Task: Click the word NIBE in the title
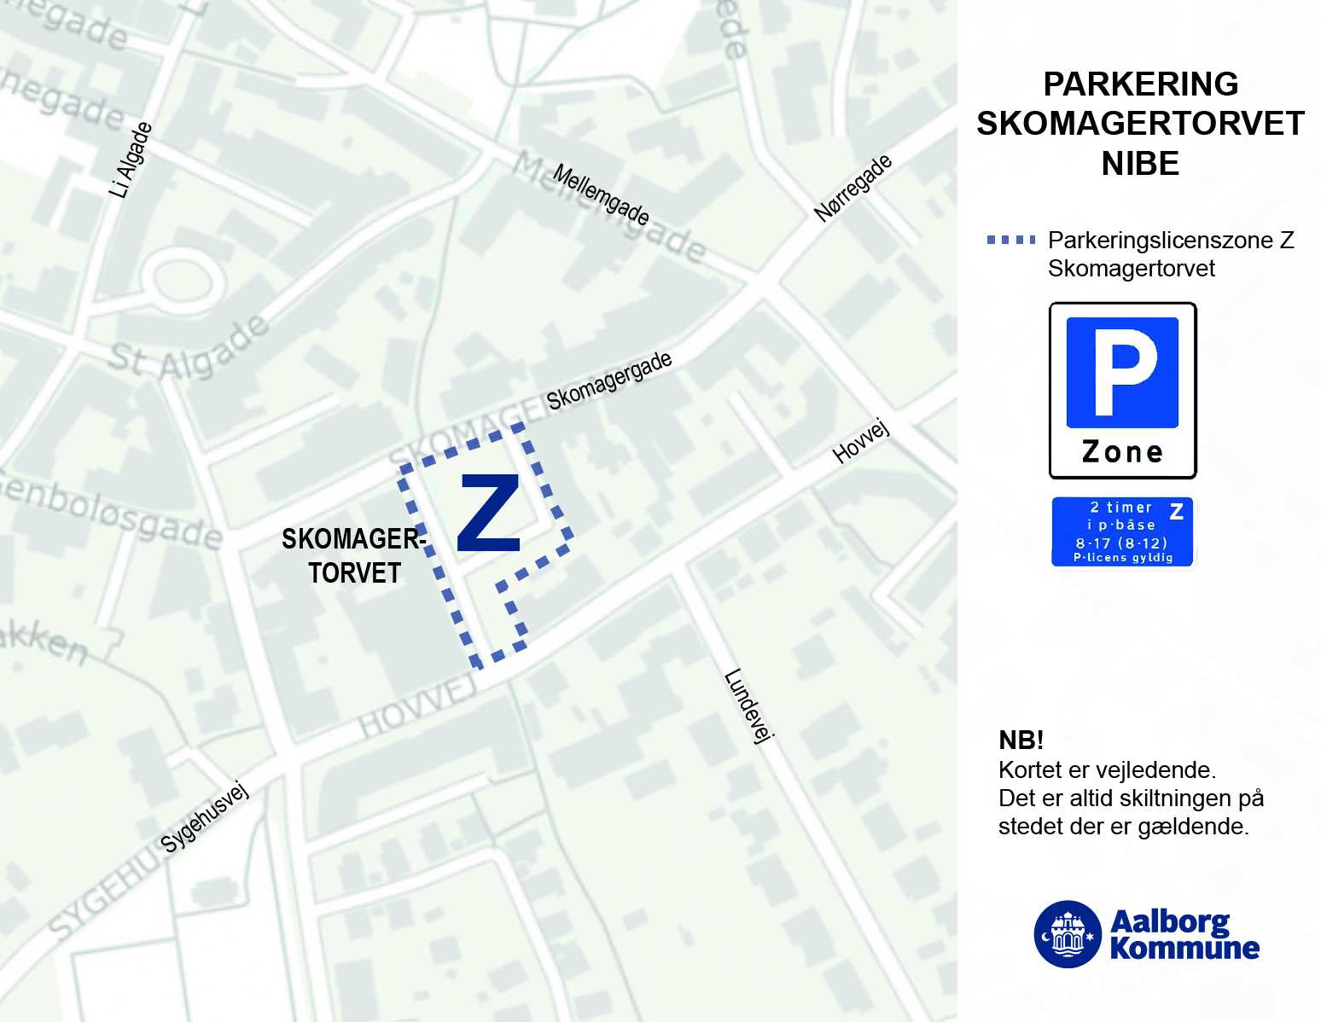point(1140,163)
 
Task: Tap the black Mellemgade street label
point(601,195)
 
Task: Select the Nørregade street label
point(853,189)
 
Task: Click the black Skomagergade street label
point(609,380)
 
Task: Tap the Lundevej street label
point(748,706)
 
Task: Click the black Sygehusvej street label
point(205,816)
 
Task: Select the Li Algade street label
point(131,160)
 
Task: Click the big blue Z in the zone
point(489,514)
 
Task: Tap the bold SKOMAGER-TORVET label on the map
point(353,555)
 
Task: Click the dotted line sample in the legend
point(1011,241)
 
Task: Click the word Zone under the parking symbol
point(1122,452)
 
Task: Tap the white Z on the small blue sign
point(1176,512)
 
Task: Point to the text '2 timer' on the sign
point(1120,508)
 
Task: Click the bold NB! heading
point(1021,740)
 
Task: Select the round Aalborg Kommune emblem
point(1067,934)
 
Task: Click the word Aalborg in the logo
point(1170,921)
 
